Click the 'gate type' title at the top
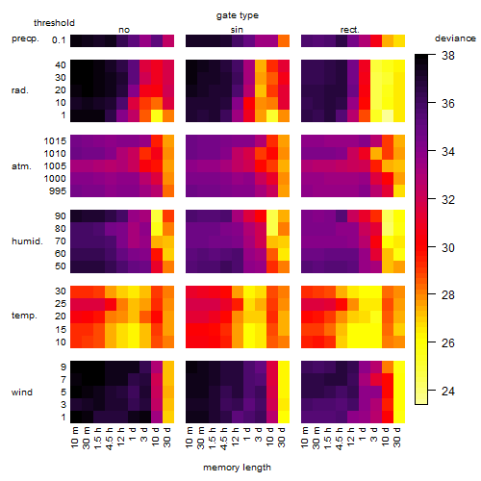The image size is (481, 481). click(238, 15)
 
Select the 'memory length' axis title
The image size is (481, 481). click(238, 468)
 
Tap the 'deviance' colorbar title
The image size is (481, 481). click(455, 38)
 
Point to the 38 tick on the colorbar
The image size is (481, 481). click(448, 56)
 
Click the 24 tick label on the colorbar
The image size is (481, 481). click(448, 391)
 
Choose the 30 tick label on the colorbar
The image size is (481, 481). click(448, 247)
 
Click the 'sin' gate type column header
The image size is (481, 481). click(237, 30)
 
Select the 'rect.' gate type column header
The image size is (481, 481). click(350, 30)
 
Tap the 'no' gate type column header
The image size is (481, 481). click(124, 30)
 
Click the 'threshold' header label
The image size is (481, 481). click(54, 23)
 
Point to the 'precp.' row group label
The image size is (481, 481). click(25, 38)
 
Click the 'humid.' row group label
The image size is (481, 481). click(27, 241)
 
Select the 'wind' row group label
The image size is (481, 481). click(22, 392)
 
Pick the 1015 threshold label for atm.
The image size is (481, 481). click(55, 140)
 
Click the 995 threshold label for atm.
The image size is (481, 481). click(58, 191)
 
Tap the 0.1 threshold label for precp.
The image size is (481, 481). click(59, 40)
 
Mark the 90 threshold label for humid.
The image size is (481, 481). click(61, 216)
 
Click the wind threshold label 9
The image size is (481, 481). click(63, 367)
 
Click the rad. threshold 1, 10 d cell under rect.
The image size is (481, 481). click(388, 115)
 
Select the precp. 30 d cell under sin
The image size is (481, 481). click(284, 40)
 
